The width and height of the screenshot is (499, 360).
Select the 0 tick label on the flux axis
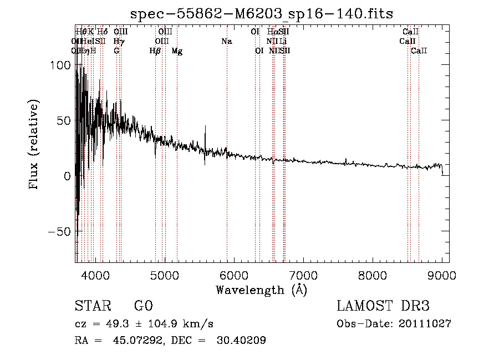point(67,176)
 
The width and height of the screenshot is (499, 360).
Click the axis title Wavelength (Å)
point(261,290)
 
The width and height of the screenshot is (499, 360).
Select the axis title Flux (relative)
point(34,145)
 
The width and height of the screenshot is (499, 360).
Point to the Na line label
point(226,41)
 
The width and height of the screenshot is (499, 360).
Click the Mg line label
point(177,51)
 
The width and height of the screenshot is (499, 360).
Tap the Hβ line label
point(155,51)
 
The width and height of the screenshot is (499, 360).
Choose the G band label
point(116,50)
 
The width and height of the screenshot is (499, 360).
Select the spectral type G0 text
point(143,306)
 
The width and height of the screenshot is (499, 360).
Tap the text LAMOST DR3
point(383,306)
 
